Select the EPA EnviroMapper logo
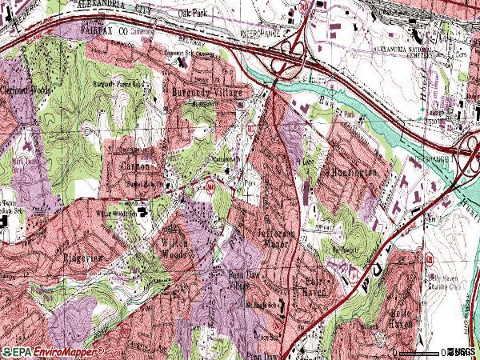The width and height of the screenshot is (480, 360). tap(53, 351)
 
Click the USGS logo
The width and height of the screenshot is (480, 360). tap(460, 351)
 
